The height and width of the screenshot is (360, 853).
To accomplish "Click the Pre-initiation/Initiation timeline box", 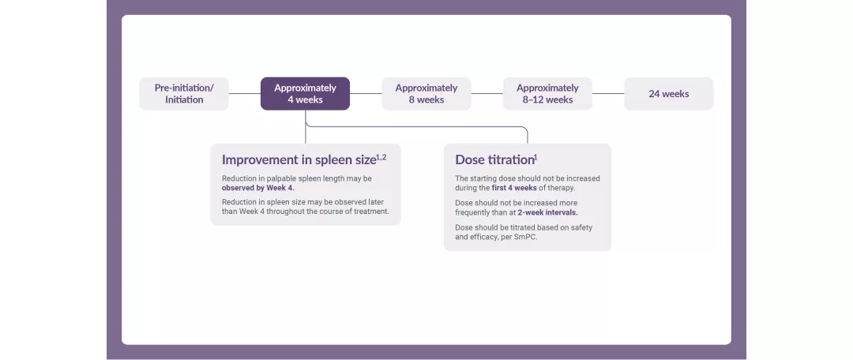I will click(184, 93).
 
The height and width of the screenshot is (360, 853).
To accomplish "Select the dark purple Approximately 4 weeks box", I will click(305, 93).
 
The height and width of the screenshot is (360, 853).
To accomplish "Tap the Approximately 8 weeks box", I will click(426, 93).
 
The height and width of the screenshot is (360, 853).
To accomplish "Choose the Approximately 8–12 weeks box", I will click(547, 93).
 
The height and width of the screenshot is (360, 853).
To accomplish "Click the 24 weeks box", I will click(668, 93).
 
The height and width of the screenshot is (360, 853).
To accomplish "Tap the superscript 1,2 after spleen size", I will click(381, 156).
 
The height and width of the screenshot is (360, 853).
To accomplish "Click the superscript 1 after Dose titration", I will click(535, 156).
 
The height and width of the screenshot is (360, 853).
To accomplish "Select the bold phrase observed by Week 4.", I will click(257, 188).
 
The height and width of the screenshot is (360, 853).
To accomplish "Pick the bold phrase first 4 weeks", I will click(514, 188).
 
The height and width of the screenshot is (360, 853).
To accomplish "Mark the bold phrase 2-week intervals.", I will click(547, 212).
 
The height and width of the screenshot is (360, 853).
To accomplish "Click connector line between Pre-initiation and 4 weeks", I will click(244, 93).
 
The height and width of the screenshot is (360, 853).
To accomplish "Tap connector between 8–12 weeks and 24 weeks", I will click(608, 93).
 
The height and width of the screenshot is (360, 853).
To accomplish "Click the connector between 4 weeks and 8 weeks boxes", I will click(366, 93).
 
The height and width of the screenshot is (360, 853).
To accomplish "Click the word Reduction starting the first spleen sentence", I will click(239, 178).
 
